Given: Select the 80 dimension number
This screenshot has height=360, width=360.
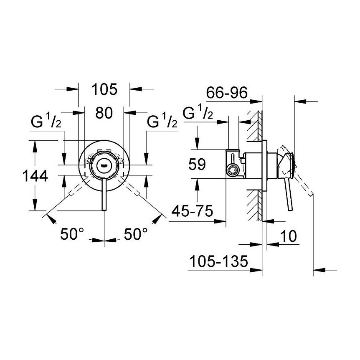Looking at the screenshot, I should pos(104,112).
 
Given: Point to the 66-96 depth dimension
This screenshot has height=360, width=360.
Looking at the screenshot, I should pos(227,92).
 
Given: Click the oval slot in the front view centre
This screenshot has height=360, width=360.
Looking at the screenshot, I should pos(104,165).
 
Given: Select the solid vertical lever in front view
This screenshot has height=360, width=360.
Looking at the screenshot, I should pos(104,194).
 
